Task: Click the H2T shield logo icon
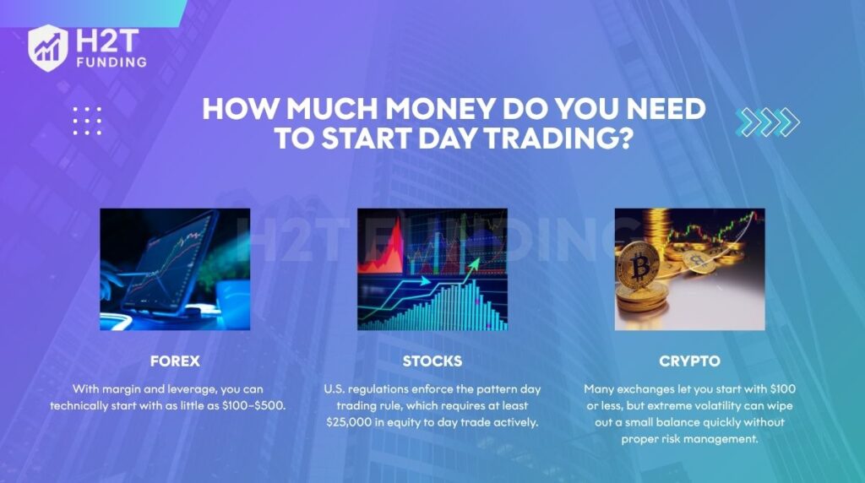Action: tap(48, 48)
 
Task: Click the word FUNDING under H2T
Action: tap(112, 62)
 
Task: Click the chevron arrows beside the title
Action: tap(767, 122)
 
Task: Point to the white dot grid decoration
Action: tap(87, 121)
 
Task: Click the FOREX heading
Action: tap(175, 361)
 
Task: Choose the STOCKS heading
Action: tap(432, 361)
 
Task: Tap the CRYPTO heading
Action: tap(689, 361)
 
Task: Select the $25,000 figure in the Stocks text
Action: tap(349, 422)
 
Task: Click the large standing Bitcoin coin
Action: tap(639, 266)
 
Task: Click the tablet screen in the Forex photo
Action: tap(168, 264)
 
